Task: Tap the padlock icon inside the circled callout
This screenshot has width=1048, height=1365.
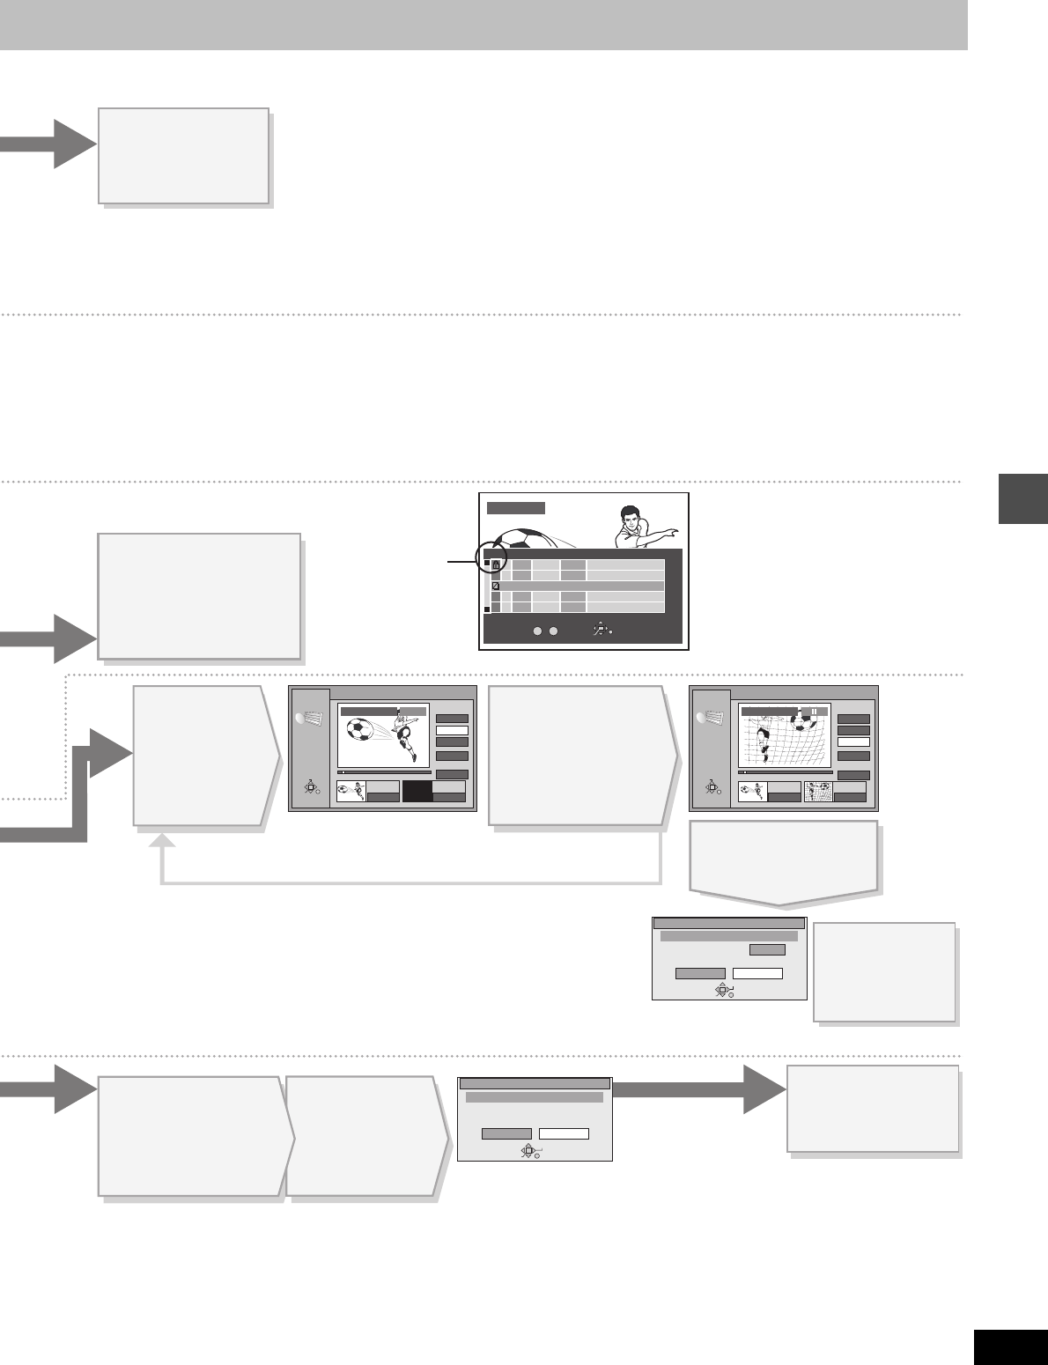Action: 496,565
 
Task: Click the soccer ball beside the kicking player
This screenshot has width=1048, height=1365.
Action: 361,730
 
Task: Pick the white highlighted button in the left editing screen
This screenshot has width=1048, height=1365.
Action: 451,731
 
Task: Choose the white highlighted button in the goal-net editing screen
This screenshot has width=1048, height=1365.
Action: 852,742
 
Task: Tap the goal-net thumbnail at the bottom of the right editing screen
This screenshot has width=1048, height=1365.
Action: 819,792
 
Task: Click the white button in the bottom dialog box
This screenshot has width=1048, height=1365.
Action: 564,1133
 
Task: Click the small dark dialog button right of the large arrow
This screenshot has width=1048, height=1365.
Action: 766,950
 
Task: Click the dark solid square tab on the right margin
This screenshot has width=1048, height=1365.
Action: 1023,498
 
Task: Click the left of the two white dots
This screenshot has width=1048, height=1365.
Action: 538,631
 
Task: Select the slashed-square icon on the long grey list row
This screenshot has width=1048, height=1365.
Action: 496,586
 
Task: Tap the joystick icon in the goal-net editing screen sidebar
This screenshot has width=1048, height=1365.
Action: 712,789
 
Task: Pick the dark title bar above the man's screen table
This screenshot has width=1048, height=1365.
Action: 516,508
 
